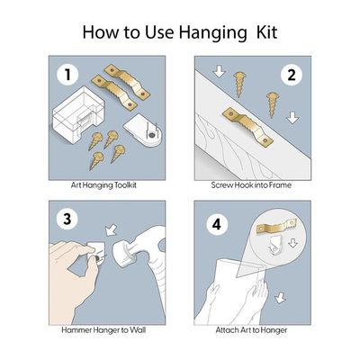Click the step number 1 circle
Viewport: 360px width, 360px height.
pyautogui.click(x=67, y=75)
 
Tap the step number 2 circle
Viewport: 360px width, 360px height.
pyautogui.click(x=292, y=75)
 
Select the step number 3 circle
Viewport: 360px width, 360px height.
pyautogui.click(x=67, y=219)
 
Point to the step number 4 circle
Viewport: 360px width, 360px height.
pyautogui.click(x=217, y=225)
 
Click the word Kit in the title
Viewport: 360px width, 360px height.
pyautogui.click(x=266, y=32)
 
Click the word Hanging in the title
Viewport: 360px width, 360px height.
pyautogui.click(x=212, y=33)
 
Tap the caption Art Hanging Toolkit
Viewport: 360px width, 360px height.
pyautogui.click(x=103, y=185)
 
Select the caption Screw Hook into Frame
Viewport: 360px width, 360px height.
pyautogui.click(x=251, y=184)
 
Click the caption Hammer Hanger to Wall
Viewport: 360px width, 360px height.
pyautogui.click(x=103, y=330)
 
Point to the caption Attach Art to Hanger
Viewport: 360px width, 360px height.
pyautogui.click(x=251, y=330)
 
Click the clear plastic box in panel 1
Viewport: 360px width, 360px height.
pyautogui.click(x=78, y=113)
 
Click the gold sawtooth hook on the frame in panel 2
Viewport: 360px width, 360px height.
pyautogui.click(x=247, y=125)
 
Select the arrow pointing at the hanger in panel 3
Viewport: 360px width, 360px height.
pyautogui.click(x=110, y=230)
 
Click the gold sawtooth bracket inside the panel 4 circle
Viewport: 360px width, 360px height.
pyautogui.click(x=276, y=227)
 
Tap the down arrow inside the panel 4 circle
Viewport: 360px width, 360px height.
pyautogui.click(x=292, y=242)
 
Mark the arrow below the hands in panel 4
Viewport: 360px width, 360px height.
pyautogui.click(x=280, y=298)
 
